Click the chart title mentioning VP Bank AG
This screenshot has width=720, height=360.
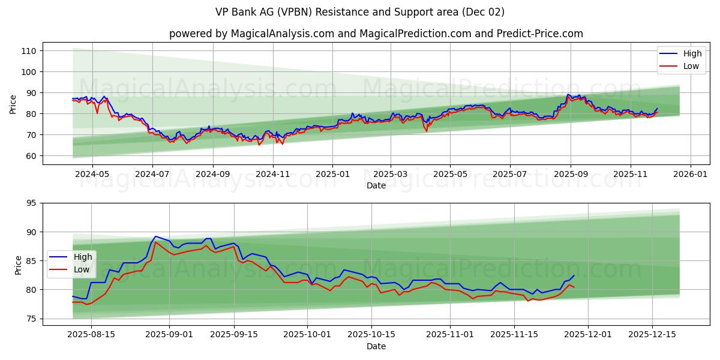[x=360, y=12]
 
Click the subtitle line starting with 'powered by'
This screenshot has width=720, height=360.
[x=376, y=34]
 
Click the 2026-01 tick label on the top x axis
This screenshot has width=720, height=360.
[x=690, y=174]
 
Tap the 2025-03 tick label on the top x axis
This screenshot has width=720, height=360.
[x=391, y=174]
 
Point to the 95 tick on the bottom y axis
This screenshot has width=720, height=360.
[x=31, y=203]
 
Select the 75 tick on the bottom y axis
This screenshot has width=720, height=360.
[x=31, y=319]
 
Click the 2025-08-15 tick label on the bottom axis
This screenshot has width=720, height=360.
[x=91, y=335]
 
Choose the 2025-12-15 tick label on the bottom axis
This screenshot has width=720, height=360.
[x=652, y=335]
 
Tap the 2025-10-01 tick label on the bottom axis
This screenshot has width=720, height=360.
[x=307, y=335]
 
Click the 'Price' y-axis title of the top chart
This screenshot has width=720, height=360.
[x=13, y=104]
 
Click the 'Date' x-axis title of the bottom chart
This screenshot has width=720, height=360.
[x=376, y=346]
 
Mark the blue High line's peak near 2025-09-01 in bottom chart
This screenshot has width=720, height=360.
[x=155, y=236]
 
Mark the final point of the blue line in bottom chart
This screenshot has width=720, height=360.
[x=574, y=275]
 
